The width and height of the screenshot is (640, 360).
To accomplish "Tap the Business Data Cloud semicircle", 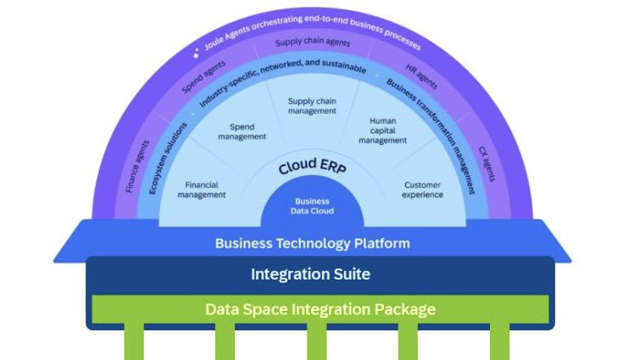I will coord(312,206).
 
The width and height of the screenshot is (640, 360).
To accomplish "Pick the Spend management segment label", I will coord(242,131).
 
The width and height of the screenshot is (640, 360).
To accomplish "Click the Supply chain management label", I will coord(312,106).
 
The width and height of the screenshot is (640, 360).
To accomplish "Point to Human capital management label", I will coord(382,130).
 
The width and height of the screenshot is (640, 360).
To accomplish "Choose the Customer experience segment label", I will coord(423,189).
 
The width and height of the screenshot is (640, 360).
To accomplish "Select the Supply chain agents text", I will coord(312,42).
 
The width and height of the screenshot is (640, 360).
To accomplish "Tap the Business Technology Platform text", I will coord(312,244).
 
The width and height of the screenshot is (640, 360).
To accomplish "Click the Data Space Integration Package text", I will coord(320,309).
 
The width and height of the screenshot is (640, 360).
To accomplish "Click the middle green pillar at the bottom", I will coord(316,343).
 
